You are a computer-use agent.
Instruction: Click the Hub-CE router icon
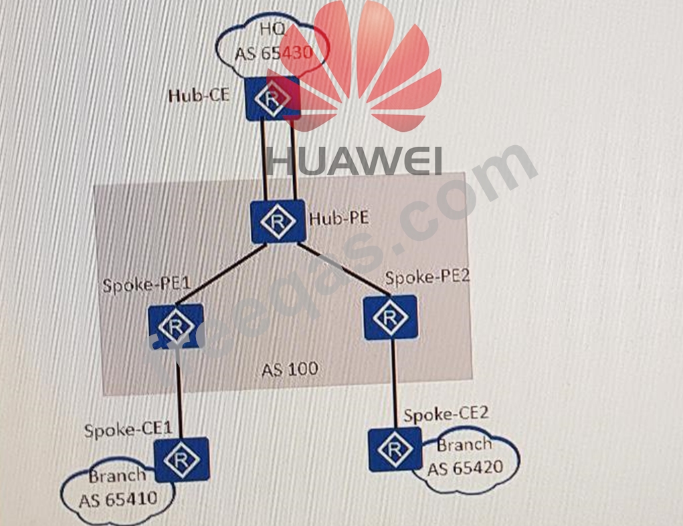tap(272, 98)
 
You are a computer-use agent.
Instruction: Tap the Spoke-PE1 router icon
tap(176, 327)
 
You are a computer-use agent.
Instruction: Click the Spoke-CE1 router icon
tap(181, 459)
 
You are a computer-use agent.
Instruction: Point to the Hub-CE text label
tap(198, 95)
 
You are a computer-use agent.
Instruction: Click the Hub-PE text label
tap(339, 218)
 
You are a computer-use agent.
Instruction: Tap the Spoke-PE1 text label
tap(147, 285)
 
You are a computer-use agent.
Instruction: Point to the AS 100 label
tap(290, 369)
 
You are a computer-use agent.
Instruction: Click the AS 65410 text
tap(118, 499)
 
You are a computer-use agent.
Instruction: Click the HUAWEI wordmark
tap(354, 161)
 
